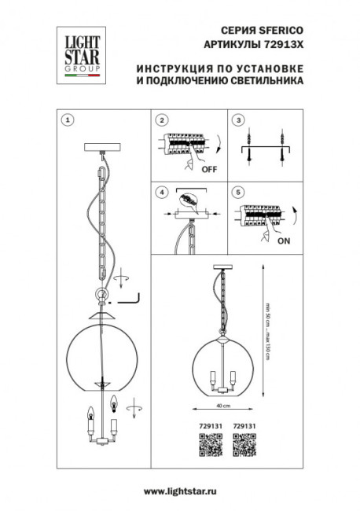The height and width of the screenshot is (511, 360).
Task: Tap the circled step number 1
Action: [68, 120]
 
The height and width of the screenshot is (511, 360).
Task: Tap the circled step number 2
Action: [161, 120]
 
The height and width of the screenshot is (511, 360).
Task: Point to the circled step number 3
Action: [238, 120]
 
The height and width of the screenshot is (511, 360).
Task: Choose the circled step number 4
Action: [161, 191]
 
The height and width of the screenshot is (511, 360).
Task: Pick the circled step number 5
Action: [238, 191]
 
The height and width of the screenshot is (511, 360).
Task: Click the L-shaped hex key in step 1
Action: [127, 300]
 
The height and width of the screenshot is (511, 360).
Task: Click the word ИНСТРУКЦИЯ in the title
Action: [163, 68]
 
